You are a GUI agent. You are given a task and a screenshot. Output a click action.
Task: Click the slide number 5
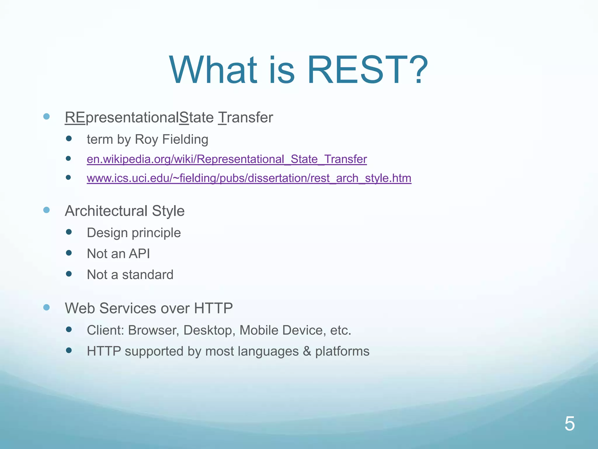(x=569, y=424)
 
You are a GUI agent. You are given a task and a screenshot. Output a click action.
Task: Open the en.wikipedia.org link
(x=227, y=159)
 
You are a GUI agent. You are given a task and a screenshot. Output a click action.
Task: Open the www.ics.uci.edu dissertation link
(x=249, y=178)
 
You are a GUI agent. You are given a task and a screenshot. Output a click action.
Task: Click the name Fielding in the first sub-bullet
(x=185, y=139)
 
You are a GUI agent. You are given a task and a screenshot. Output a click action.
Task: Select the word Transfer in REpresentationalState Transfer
(x=246, y=118)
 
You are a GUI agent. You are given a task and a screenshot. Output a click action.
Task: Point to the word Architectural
(x=106, y=211)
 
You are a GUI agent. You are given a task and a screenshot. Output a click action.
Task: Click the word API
(x=139, y=253)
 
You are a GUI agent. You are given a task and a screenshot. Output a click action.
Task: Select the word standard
(x=147, y=275)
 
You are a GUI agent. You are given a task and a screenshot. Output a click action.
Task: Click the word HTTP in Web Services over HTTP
(x=213, y=308)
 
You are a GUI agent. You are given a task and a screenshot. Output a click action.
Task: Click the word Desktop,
(x=209, y=331)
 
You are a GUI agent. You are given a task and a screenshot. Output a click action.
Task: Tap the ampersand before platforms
(x=307, y=351)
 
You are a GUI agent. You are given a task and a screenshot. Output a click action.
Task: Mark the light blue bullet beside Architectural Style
(x=46, y=210)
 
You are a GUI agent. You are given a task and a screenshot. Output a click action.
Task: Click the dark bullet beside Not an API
(x=69, y=253)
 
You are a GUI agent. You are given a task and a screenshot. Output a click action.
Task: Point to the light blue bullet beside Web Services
(x=46, y=307)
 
